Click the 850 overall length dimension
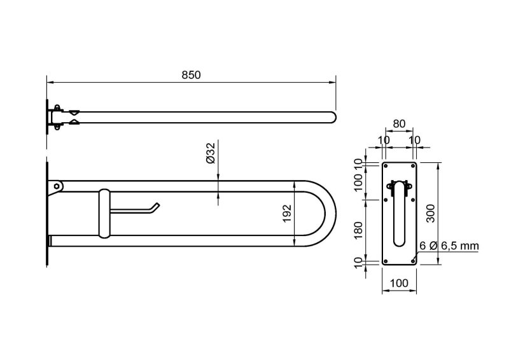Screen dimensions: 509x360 coord(191,75)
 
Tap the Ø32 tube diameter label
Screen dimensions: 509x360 coord(211,153)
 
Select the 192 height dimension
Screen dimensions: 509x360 coord(288,213)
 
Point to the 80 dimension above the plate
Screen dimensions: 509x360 coord(399,123)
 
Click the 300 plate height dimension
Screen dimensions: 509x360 coord(431,213)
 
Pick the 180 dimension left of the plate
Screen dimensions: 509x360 coord(358,230)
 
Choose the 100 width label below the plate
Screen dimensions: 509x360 coord(399,283)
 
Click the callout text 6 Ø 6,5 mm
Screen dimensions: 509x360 coord(449,246)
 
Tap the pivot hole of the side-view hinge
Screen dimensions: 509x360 coord(57,186)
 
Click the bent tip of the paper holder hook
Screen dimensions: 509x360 coord(157,205)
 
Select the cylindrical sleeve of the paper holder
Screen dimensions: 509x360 coord(104,213)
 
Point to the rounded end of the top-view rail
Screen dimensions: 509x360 coord(333,118)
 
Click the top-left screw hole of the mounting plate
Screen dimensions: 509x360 coord(386,166)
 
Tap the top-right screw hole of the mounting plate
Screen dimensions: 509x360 coord(413,166)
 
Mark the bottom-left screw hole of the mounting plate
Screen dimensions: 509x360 coord(386,261)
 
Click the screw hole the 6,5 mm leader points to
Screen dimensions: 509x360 coord(413,261)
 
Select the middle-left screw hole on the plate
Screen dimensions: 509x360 coord(386,200)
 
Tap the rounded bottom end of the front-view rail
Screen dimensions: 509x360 coord(399,243)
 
